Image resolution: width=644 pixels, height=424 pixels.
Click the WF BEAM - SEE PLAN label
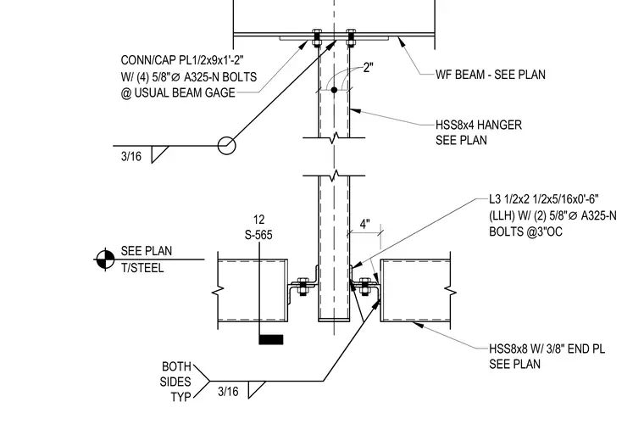491,75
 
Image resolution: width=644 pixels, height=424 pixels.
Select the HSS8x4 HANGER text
479,125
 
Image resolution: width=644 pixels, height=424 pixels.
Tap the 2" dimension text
368,67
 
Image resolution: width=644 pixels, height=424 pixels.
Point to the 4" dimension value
364,225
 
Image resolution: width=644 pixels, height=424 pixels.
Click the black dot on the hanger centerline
334,90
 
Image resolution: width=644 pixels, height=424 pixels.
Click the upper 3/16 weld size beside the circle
131,157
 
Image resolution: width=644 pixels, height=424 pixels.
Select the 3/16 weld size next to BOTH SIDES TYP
228,392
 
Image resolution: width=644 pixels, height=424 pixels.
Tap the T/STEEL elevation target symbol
105,259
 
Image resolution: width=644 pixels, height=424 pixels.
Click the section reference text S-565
258,235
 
